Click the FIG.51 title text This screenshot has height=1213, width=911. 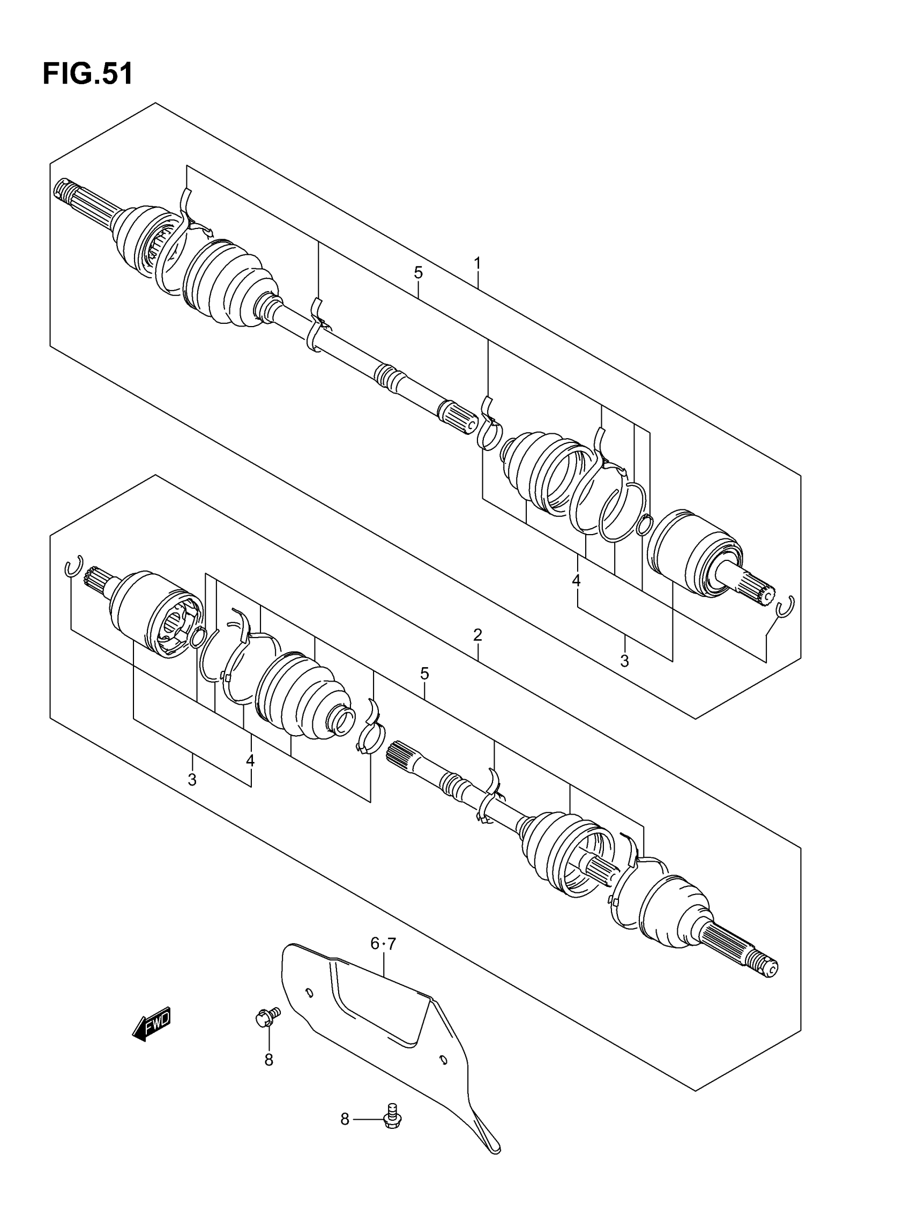click(88, 73)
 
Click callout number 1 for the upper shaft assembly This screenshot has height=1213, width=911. click(477, 264)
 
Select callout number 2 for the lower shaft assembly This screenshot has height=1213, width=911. click(477, 635)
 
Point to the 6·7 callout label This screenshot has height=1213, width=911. click(383, 944)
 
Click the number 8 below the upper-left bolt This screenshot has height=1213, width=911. click(268, 1060)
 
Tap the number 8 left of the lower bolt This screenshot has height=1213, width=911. click(344, 1119)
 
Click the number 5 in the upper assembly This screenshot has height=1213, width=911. click(418, 272)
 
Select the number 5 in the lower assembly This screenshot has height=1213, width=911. click(425, 674)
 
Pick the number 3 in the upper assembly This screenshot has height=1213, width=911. click(624, 661)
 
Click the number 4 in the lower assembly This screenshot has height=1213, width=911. click(250, 760)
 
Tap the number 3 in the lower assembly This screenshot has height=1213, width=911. click(192, 779)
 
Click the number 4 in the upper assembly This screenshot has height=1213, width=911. click(576, 580)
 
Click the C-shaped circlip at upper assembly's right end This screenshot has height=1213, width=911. click(785, 606)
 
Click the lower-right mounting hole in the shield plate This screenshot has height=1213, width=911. click(443, 1059)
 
